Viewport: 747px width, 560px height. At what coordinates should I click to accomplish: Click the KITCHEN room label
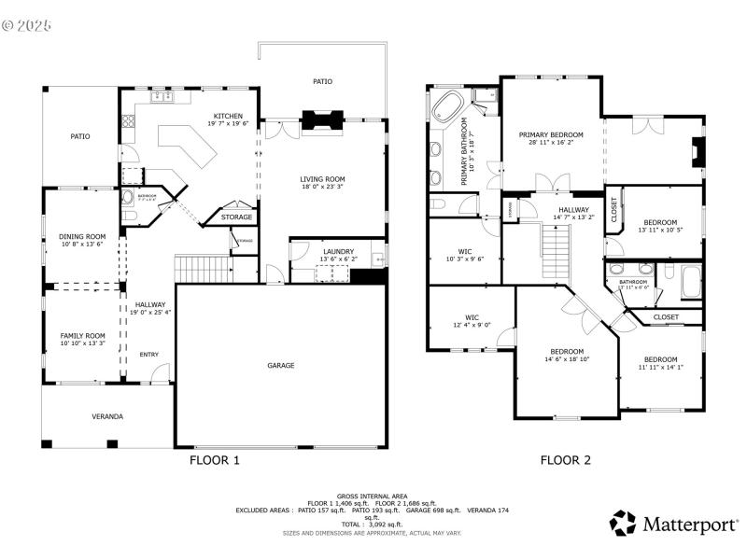[228, 117]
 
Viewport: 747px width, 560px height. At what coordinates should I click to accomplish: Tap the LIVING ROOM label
[322, 179]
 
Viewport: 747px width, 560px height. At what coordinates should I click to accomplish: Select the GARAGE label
[281, 365]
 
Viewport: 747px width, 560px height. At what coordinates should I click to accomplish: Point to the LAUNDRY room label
[337, 251]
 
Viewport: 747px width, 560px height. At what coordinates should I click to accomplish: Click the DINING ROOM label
[82, 237]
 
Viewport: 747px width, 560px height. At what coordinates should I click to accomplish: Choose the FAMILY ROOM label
[82, 335]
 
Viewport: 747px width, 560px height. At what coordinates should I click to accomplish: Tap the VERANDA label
[107, 416]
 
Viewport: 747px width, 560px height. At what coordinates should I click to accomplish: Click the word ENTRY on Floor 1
[149, 355]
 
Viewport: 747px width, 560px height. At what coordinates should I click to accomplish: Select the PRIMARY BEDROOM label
[551, 134]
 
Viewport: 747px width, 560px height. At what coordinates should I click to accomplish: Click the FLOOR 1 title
[215, 460]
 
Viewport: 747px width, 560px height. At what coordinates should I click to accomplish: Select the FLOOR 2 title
[566, 460]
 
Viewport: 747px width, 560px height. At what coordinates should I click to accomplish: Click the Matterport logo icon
[623, 524]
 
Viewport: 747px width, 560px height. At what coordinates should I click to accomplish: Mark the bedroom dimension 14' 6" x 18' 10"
[567, 359]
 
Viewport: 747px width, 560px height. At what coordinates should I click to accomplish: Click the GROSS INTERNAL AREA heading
[373, 497]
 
